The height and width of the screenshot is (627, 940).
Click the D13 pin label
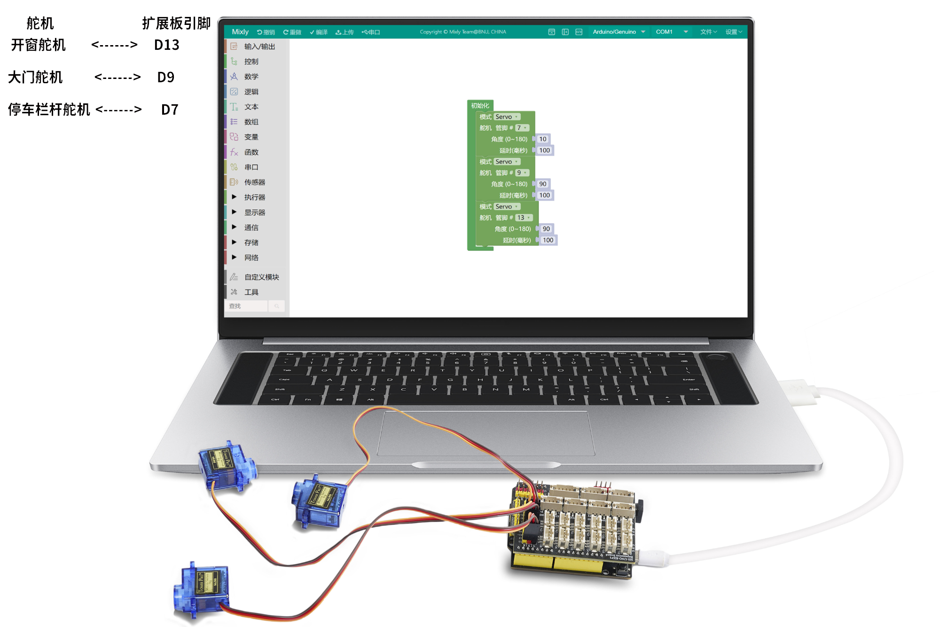pyautogui.click(x=166, y=45)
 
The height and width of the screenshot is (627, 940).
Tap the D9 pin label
pyautogui.click(x=165, y=78)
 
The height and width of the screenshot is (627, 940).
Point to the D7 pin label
pyautogui.click(x=169, y=110)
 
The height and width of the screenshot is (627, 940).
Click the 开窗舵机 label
pyautogui.click(x=38, y=45)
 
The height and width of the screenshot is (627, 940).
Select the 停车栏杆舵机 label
pyautogui.click(x=49, y=110)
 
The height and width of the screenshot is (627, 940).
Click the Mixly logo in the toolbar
pyautogui.click(x=240, y=32)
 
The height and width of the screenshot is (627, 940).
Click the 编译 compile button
pyautogui.click(x=319, y=32)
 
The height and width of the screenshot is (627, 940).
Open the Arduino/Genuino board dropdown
pyautogui.click(x=619, y=32)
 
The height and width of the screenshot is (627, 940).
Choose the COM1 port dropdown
pyautogui.click(x=671, y=32)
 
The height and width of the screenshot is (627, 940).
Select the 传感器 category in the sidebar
pyautogui.click(x=254, y=182)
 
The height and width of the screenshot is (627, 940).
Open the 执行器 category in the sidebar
pyautogui.click(x=254, y=197)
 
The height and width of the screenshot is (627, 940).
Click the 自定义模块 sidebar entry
pyautogui.click(x=261, y=277)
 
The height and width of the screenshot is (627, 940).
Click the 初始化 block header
pyautogui.click(x=480, y=106)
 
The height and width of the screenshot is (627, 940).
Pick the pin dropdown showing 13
pyautogui.click(x=523, y=218)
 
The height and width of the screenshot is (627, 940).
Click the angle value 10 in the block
pyautogui.click(x=543, y=139)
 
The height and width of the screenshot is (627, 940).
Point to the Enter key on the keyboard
pyautogui.click(x=689, y=379)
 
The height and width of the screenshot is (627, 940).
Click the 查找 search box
pyautogui.click(x=246, y=306)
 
